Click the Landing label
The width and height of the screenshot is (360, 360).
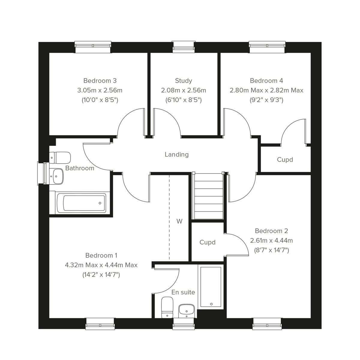click(x=177, y=154)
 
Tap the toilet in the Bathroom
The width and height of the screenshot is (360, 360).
click(x=60, y=157)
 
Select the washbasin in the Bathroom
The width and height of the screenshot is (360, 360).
click(x=56, y=176)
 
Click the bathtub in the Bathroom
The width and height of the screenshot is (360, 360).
click(x=81, y=203)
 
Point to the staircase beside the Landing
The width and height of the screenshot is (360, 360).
click(x=209, y=196)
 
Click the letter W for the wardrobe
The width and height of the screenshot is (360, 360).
click(x=179, y=221)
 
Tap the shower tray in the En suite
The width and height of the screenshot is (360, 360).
click(x=211, y=286)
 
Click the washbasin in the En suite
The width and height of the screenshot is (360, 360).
click(x=187, y=310)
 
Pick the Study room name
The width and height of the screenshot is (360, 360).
click(x=184, y=81)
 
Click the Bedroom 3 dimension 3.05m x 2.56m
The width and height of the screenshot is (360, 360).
click(x=100, y=90)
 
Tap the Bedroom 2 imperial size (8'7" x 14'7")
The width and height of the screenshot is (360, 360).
click(x=271, y=250)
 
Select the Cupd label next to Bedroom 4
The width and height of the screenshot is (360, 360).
click(x=285, y=160)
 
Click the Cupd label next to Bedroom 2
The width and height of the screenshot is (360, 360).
click(x=208, y=242)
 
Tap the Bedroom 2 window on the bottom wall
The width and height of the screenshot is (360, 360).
click(x=267, y=324)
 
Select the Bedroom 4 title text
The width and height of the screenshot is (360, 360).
click(x=266, y=81)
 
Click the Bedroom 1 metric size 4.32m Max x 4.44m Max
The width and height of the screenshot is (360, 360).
click(x=101, y=265)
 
